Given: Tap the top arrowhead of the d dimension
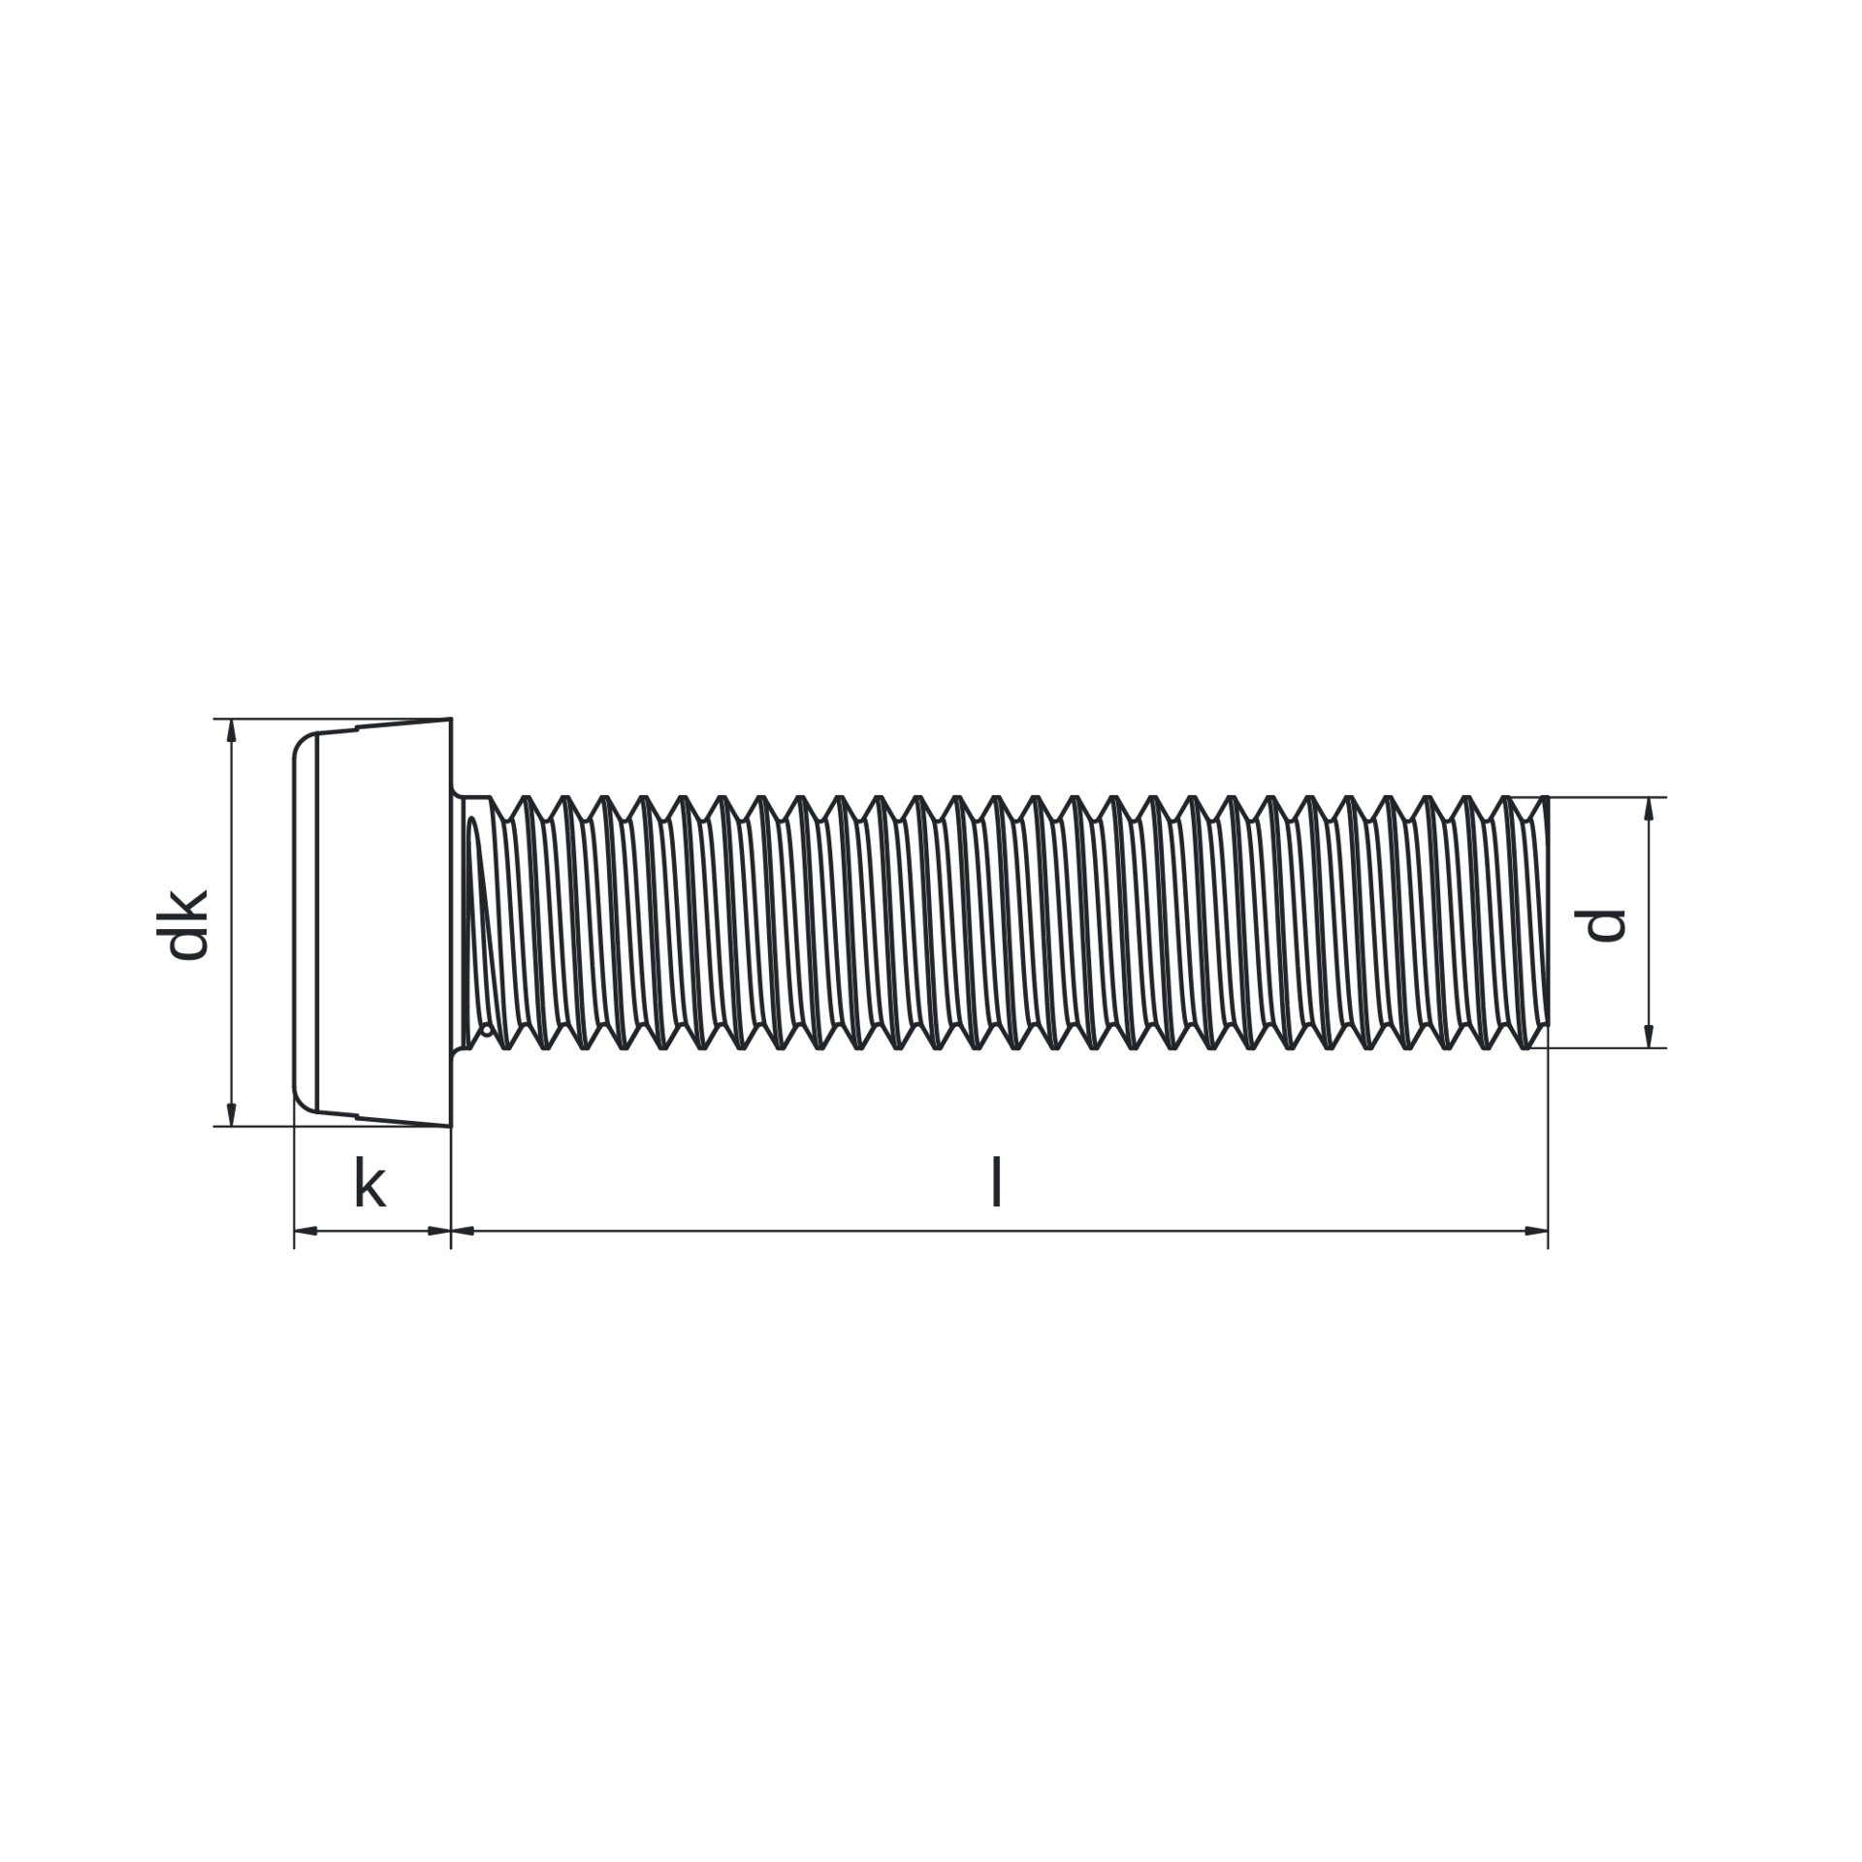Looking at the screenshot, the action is click(1648, 809).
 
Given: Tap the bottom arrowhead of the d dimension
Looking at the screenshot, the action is click(1648, 1036).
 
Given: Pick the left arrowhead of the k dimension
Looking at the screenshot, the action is click(306, 1231).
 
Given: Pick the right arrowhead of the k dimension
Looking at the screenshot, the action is click(438, 1231).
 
